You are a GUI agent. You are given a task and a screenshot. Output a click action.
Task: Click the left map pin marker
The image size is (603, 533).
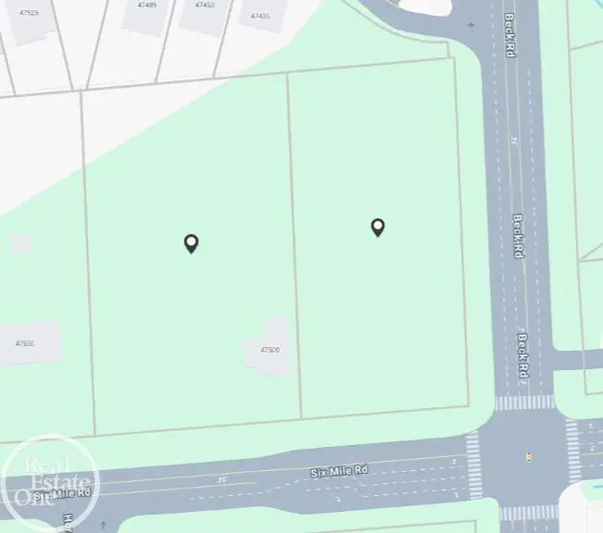pyautogui.click(x=191, y=243)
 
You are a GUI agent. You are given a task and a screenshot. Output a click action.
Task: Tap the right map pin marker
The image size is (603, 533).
pyautogui.click(x=378, y=227)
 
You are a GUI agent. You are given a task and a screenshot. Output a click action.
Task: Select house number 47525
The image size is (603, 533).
pyautogui.click(x=29, y=13)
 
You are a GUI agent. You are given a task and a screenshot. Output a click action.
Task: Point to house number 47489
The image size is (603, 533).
pyautogui.click(x=146, y=5)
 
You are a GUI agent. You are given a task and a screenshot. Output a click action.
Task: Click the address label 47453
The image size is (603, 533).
pyautogui.click(x=205, y=5)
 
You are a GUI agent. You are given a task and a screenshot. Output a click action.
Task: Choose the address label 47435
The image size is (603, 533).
pyautogui.click(x=260, y=16)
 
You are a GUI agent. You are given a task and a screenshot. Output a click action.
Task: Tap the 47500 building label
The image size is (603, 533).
pyautogui.click(x=270, y=350)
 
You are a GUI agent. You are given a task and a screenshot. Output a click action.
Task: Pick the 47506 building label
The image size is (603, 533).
pyautogui.click(x=25, y=343)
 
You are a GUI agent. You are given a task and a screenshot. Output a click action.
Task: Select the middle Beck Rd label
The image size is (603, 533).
pyautogui.click(x=519, y=236)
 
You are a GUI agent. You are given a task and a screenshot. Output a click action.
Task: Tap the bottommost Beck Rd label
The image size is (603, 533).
pyautogui.click(x=522, y=355)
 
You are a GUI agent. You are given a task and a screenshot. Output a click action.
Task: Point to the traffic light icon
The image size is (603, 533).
pyautogui.click(x=529, y=456)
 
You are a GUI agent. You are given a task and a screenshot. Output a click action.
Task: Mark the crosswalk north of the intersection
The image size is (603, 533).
pyautogui.click(x=524, y=403)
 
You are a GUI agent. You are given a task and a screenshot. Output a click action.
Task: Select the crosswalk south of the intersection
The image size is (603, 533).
pyautogui.click(x=530, y=512)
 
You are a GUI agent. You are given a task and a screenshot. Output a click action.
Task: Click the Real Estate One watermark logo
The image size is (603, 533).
pyautogui.click(x=48, y=480)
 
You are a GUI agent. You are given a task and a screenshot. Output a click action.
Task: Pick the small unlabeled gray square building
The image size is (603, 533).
pyautogui.click(x=20, y=243)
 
